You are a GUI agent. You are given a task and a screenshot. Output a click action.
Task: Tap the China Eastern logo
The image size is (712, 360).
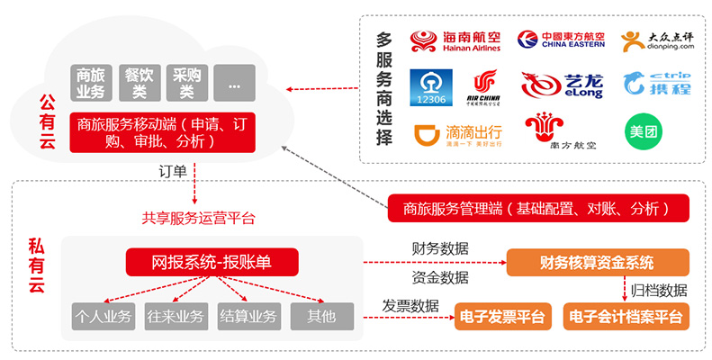pos(560,40)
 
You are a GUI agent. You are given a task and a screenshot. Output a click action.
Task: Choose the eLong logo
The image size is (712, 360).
pos(555,86)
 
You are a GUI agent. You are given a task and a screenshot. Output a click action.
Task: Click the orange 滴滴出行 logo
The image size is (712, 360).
pos(457,134)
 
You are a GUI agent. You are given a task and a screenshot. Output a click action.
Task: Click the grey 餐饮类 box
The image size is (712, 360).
pos(140,84)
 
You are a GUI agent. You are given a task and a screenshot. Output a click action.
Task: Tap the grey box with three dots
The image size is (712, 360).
pos(235,84)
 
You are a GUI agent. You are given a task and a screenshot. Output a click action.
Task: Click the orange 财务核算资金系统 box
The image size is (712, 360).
pos(597,263)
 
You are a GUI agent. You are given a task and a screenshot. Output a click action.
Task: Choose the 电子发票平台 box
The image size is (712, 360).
pos(501,316)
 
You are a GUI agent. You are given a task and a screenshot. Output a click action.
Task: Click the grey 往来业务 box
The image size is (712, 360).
pos(176,316)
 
